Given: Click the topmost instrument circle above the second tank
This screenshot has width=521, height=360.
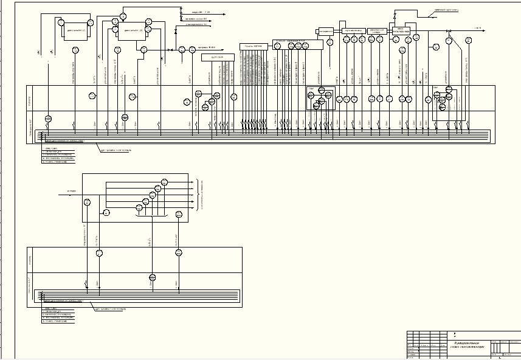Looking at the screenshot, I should (x=123, y=16).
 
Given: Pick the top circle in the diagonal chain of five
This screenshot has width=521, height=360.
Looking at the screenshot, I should (x=164, y=182).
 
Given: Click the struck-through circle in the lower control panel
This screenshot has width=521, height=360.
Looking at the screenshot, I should (x=153, y=277).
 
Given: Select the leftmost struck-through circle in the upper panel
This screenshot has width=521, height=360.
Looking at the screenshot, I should (x=49, y=118).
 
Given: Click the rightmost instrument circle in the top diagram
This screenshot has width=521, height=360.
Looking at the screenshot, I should (x=469, y=40).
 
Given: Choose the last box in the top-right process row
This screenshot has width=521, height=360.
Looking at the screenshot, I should (x=402, y=30).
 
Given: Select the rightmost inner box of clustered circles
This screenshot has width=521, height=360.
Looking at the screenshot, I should (x=443, y=103).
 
